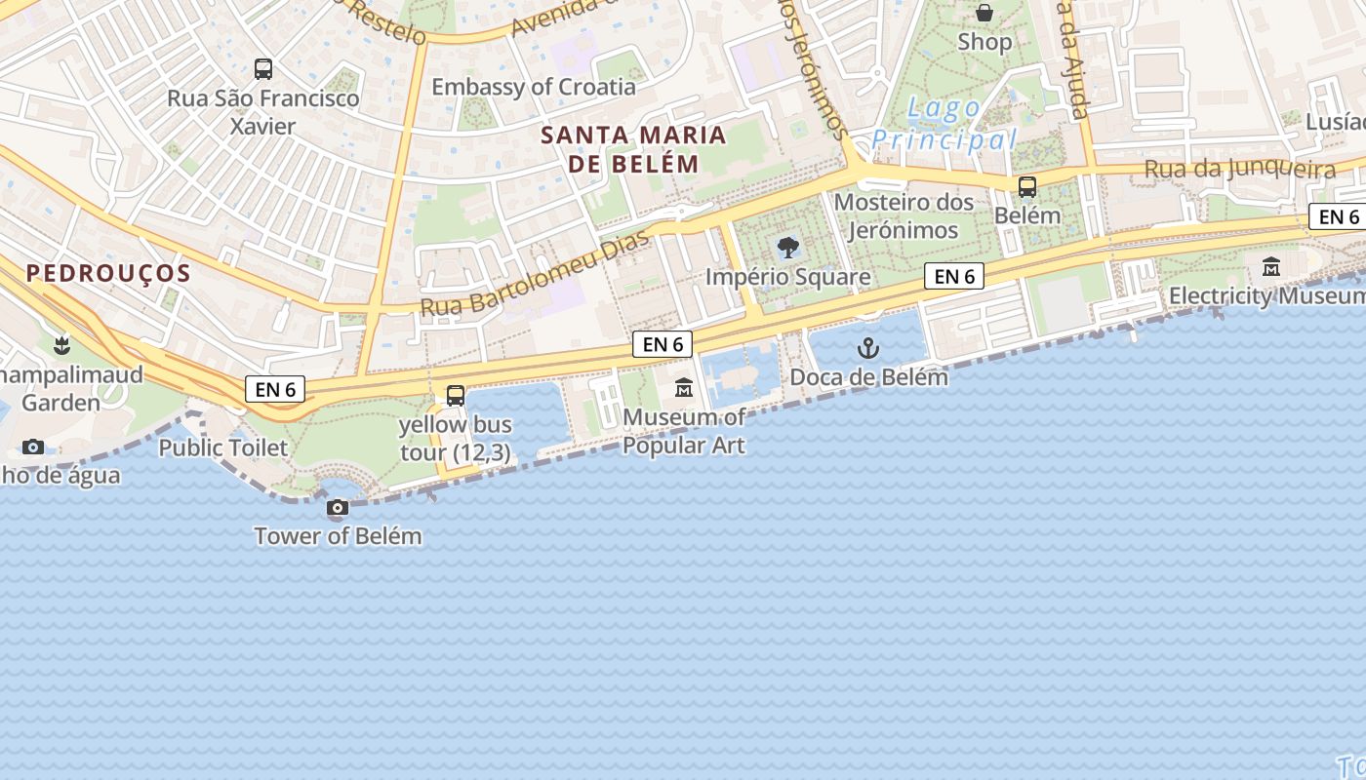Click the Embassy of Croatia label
(x=533, y=87)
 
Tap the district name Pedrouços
(x=108, y=273)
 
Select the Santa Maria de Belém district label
(x=633, y=149)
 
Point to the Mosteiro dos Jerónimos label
(x=904, y=216)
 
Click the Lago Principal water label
(x=944, y=124)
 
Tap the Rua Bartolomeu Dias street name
(x=535, y=275)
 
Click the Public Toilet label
(x=223, y=448)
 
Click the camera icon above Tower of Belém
(x=338, y=508)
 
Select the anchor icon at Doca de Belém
(x=867, y=348)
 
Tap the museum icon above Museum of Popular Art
(x=684, y=389)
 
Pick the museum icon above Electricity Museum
(x=1271, y=266)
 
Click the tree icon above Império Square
(x=787, y=248)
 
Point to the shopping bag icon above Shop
(x=984, y=13)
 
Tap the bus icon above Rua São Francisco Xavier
(x=263, y=69)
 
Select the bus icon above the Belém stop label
(x=1027, y=187)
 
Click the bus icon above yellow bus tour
(x=456, y=396)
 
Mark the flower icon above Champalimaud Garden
(x=61, y=345)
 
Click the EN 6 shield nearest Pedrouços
(x=275, y=390)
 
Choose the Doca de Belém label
(x=868, y=377)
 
